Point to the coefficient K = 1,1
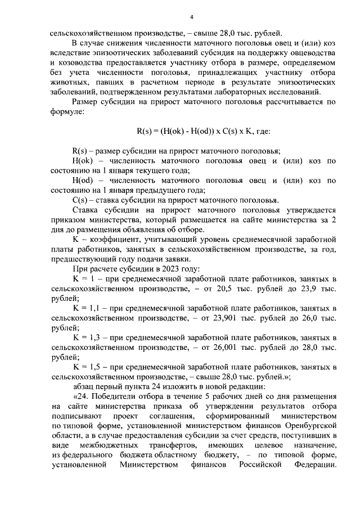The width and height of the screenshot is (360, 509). (89, 308)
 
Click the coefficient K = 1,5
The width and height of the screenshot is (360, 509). (89, 367)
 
